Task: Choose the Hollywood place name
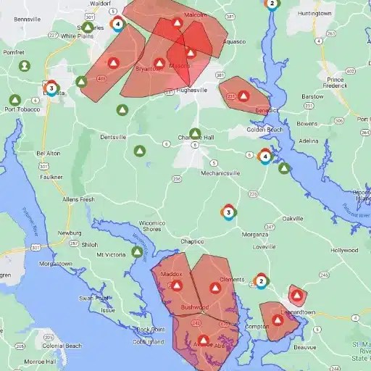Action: [x=344, y=250]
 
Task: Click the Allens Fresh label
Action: [x=79, y=199]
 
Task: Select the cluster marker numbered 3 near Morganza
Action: [x=229, y=212]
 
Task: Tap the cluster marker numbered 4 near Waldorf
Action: [x=117, y=24]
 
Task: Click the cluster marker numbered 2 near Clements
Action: [x=262, y=281]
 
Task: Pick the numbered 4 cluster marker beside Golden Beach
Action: [x=266, y=157]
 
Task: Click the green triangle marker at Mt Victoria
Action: [x=136, y=252]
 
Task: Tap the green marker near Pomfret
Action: [x=24, y=66]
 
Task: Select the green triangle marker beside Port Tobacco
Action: [x=14, y=99]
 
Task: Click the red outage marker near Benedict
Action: [x=244, y=96]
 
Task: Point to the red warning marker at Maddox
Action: [x=177, y=285]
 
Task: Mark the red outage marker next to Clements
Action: [x=215, y=288]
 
